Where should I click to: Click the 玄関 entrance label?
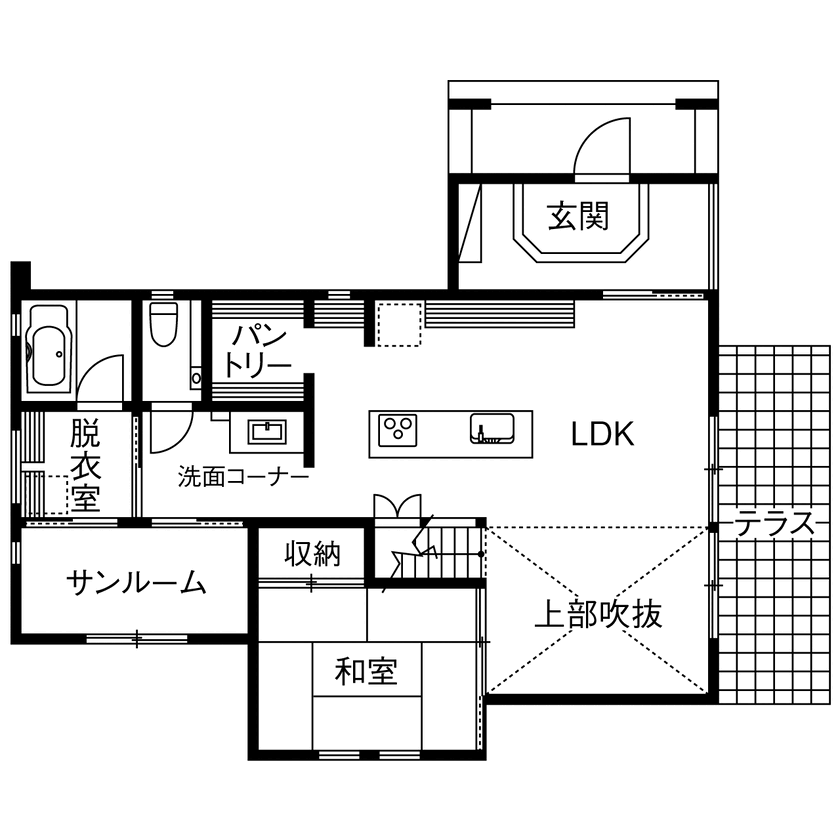579,215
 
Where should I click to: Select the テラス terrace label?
775,524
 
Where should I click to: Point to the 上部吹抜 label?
598,613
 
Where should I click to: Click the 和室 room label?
365,671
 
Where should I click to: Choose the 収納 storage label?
312,553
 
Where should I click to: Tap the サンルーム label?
137,583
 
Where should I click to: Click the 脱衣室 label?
85,466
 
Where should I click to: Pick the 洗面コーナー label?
243,476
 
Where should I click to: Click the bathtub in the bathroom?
48,349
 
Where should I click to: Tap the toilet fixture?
162,325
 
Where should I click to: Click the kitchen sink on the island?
491,429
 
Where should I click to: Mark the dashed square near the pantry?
399,323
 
